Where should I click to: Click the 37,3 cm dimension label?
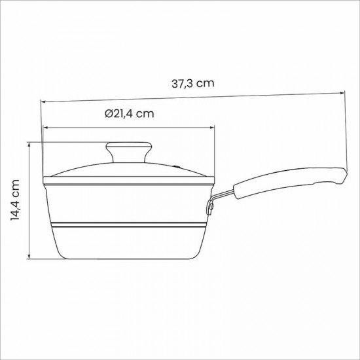tap(193, 84)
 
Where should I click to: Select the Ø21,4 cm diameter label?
tap(129, 113)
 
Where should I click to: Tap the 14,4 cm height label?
tap(15, 200)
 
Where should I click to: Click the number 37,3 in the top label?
tap(184, 84)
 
